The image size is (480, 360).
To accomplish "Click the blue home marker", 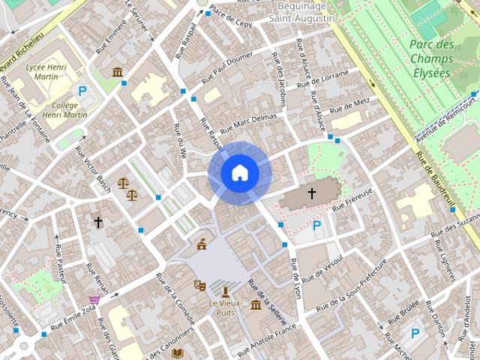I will [240, 173].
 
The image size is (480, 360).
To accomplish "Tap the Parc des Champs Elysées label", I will [432, 58].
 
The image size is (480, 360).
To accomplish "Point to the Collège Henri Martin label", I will [61, 110].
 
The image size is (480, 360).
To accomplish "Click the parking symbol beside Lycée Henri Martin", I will [83, 91].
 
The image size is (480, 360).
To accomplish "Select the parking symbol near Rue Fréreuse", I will [317, 225].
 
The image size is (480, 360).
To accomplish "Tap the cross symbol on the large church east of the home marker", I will [311, 194].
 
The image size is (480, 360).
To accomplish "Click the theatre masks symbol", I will [199, 285].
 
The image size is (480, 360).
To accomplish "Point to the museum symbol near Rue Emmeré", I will [118, 72].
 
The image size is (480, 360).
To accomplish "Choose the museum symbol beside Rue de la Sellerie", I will [256, 305].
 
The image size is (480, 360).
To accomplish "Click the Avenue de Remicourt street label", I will [447, 118].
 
